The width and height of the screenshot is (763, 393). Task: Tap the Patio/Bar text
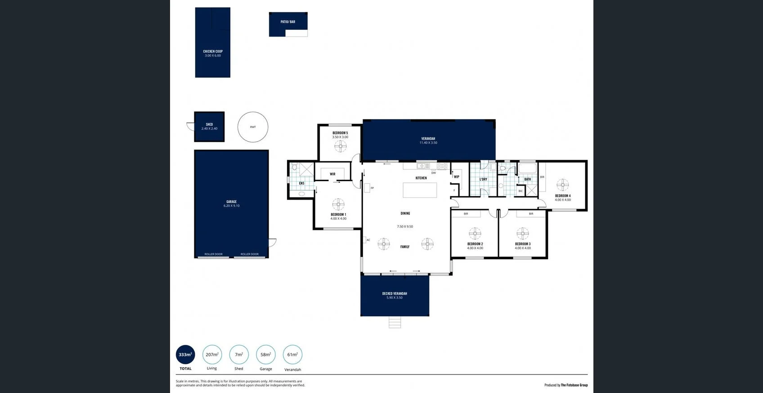click(x=288, y=22)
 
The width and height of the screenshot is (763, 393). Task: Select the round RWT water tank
click(x=253, y=127)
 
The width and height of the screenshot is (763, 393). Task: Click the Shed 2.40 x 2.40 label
click(x=209, y=127)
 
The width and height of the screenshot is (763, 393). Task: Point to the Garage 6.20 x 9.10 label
click(x=231, y=204)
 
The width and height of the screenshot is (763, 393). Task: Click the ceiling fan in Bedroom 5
click(x=341, y=146)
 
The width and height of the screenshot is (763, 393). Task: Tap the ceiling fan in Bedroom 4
click(x=562, y=185)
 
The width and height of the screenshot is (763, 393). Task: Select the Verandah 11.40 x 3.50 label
click(x=428, y=141)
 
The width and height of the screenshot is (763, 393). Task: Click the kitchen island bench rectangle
click(x=420, y=190)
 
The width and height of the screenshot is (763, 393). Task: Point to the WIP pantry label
click(x=456, y=177)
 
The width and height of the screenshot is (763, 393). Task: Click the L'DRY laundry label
click(x=483, y=179)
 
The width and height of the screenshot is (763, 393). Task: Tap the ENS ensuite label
click(x=301, y=183)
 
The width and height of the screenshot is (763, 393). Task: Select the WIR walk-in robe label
click(x=332, y=174)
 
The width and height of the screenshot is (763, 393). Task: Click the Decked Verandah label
click(x=395, y=295)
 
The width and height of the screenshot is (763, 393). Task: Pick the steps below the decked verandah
click(x=395, y=322)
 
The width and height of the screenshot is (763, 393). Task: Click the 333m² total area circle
click(x=185, y=355)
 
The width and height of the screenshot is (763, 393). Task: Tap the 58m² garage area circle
click(x=265, y=355)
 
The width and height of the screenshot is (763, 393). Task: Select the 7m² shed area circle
click(x=239, y=355)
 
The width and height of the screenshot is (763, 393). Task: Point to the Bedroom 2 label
click(x=475, y=246)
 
